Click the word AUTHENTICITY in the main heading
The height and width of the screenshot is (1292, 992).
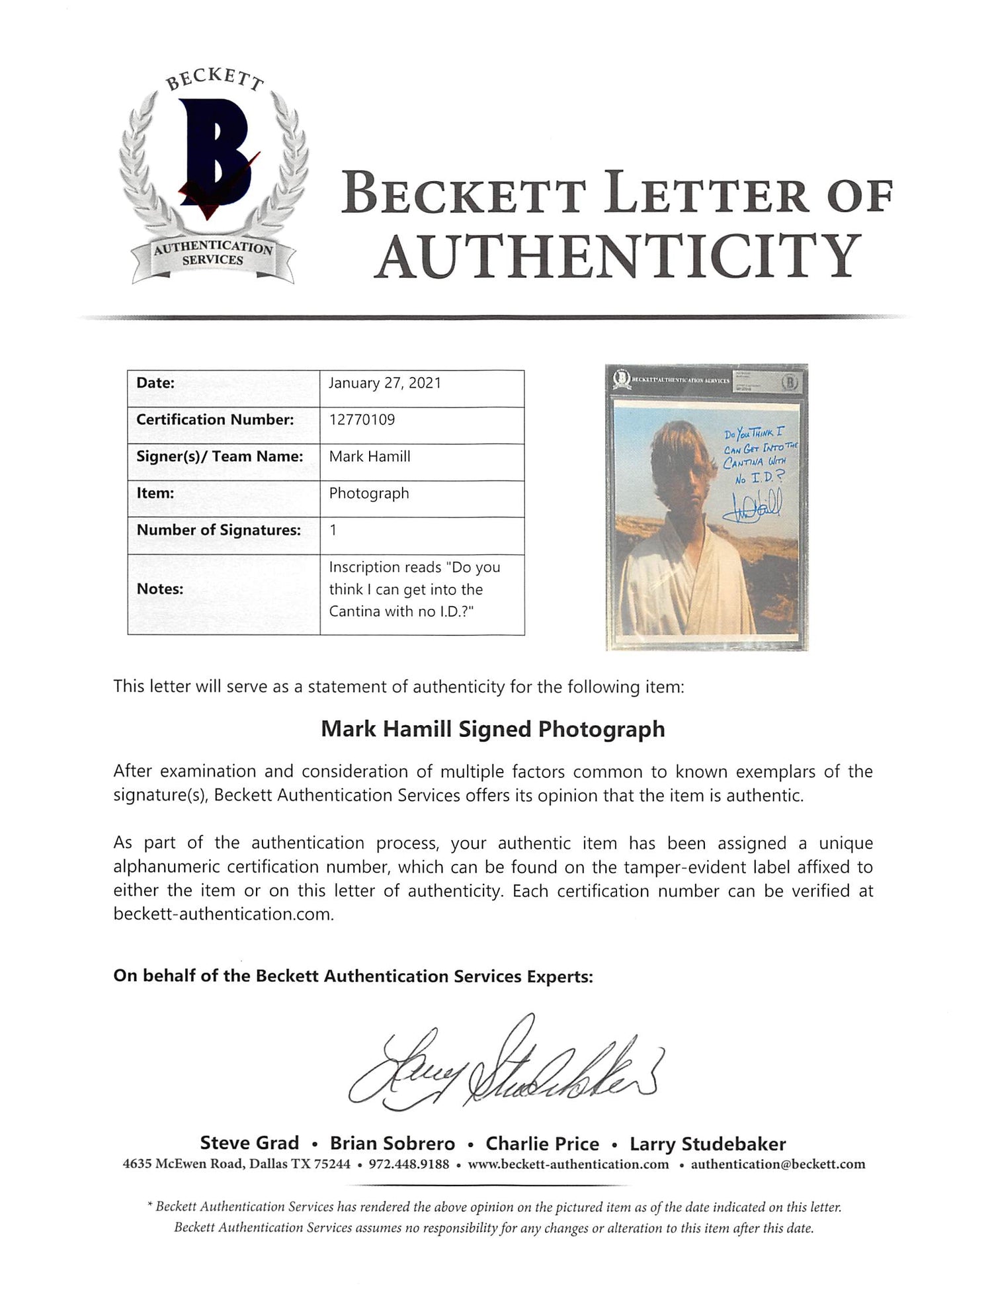click(x=618, y=257)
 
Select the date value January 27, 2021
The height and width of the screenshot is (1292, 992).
click(x=385, y=383)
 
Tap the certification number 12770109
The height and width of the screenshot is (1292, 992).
click(x=362, y=419)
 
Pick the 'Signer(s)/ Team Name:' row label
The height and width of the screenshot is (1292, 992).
click(x=220, y=456)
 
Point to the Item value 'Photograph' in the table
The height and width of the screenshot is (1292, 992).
click(x=369, y=494)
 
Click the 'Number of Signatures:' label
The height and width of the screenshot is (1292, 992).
click(x=218, y=530)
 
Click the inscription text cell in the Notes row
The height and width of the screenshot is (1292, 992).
click(x=415, y=589)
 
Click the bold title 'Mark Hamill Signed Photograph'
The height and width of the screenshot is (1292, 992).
click(x=493, y=729)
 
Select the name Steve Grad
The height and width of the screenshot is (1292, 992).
click(x=249, y=1144)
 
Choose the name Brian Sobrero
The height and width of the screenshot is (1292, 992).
click(x=392, y=1144)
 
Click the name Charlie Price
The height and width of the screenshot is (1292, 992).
click(x=542, y=1144)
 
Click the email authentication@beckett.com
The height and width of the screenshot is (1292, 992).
click(x=778, y=1164)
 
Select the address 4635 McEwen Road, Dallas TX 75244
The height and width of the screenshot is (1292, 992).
click(x=237, y=1164)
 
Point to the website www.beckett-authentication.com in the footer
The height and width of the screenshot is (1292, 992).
click(x=568, y=1164)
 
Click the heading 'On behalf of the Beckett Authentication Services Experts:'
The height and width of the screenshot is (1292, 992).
click(x=353, y=976)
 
